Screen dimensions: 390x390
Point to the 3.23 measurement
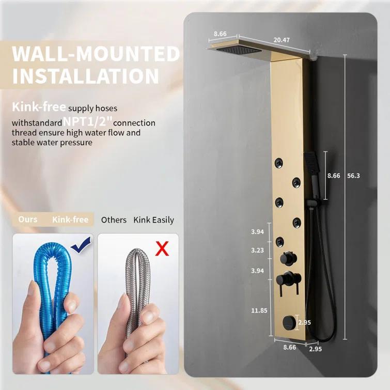(x=257, y=251)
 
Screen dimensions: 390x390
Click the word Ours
(x=28, y=220)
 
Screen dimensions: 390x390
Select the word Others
(x=114, y=220)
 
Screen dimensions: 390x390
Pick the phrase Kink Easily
(x=154, y=220)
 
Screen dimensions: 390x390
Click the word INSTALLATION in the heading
(x=86, y=75)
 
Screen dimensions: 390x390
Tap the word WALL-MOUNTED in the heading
(x=96, y=54)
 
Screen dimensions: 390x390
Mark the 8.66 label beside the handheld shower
(x=334, y=176)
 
